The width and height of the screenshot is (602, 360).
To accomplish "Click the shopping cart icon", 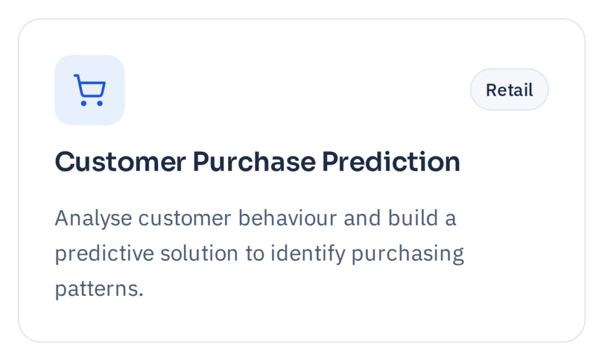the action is pos(89,90).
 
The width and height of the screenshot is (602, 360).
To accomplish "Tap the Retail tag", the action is pos(509,90).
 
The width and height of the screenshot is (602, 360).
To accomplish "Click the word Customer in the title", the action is pos(121,162).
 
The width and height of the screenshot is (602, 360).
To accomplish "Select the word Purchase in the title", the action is pos(254,162).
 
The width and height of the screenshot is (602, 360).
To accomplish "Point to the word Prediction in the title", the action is pos(391,162).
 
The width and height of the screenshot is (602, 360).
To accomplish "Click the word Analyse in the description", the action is pos(93,219).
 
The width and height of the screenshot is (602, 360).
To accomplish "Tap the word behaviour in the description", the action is pos(287,218).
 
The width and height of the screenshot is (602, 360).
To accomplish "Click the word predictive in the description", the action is pos(104,254).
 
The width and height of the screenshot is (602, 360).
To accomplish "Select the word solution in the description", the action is pos(199,254).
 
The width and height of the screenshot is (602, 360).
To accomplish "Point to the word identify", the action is pos(307,254).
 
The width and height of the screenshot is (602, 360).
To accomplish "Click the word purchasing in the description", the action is pos(407,254).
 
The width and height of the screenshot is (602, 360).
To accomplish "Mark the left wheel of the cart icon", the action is pos(83,104).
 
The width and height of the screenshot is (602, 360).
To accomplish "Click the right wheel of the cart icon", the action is pos(100,104).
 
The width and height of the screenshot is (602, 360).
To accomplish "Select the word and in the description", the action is pos(362,218).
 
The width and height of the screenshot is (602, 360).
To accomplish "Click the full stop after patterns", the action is pos(141,296).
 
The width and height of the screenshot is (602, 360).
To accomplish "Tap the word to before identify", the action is pos(255,254).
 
